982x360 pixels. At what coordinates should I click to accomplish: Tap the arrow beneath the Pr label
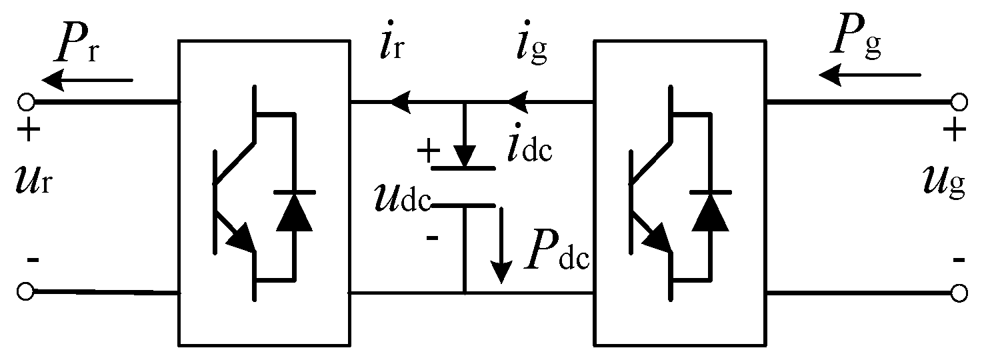(x=87, y=81)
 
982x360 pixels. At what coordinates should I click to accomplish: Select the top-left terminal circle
(x=26, y=102)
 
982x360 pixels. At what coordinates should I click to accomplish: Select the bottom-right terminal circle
(x=959, y=292)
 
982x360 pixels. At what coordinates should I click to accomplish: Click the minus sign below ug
(x=958, y=261)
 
